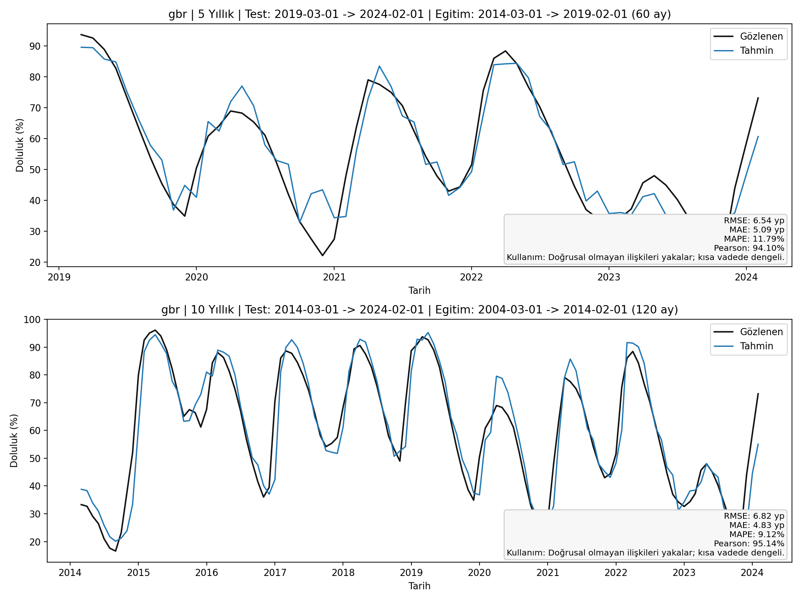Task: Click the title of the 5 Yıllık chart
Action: tap(419, 15)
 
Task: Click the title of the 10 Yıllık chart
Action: tap(419, 310)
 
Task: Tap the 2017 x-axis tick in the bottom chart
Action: tap(275, 572)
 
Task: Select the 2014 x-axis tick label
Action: tap(70, 572)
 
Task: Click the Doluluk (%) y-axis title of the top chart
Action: tap(20, 145)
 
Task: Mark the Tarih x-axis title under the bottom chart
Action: tap(419, 586)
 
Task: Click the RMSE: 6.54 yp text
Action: tap(754, 221)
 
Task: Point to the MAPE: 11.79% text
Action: tap(756, 239)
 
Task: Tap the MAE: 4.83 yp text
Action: tap(756, 525)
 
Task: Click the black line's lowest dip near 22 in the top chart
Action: tap(322, 255)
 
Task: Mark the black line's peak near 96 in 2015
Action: tap(155, 330)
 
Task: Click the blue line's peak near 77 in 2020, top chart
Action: tap(242, 86)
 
